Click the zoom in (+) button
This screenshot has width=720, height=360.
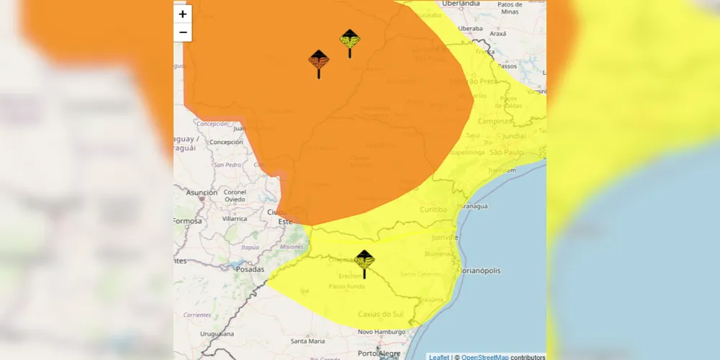[183, 14]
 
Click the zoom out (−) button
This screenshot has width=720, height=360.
[183, 32]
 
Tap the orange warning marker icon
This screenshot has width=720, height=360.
[318, 61]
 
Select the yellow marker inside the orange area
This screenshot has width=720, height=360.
[350, 40]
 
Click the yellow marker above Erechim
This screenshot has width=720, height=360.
[364, 261]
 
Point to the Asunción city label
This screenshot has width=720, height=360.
[202, 193]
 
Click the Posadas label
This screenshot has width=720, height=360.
[250, 269]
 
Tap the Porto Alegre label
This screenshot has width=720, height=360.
[379, 354]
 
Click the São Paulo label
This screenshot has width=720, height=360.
[505, 153]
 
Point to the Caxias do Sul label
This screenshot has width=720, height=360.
[381, 314]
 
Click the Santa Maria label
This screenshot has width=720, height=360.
[307, 341]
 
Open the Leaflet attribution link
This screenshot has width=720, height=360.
[438, 357]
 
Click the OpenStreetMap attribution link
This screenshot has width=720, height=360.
[485, 357]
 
